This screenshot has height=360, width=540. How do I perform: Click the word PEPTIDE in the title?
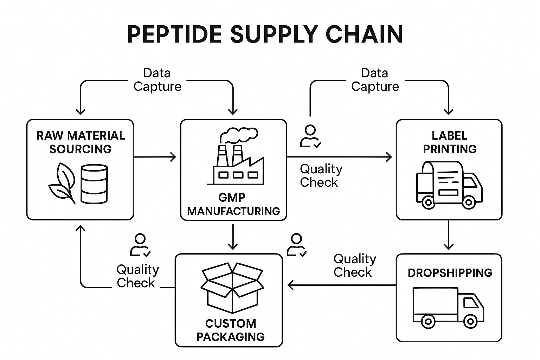coord(174,34)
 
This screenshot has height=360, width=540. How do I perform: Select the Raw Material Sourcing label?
coord(81,142)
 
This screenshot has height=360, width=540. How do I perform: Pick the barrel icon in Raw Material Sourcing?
coord(94,184)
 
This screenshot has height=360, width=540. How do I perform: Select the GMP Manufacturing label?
coord(233,204)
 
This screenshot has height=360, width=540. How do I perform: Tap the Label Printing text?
coord(449,142)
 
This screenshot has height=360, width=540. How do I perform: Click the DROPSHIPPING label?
coord(450,273)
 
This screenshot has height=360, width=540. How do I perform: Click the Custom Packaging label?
coord(230,330)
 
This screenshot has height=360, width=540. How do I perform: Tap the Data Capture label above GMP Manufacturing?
coord(157,80)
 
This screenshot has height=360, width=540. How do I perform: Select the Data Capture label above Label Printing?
coord(375,80)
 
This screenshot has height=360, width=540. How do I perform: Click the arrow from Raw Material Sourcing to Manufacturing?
coord(155,157)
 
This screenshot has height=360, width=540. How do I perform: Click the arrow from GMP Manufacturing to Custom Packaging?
coord(233,237)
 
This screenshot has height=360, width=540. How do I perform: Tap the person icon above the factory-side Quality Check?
coord(310,136)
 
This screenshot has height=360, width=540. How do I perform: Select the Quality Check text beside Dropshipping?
coord(354,265)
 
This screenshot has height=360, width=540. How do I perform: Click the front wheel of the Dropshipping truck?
coord(470,321)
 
